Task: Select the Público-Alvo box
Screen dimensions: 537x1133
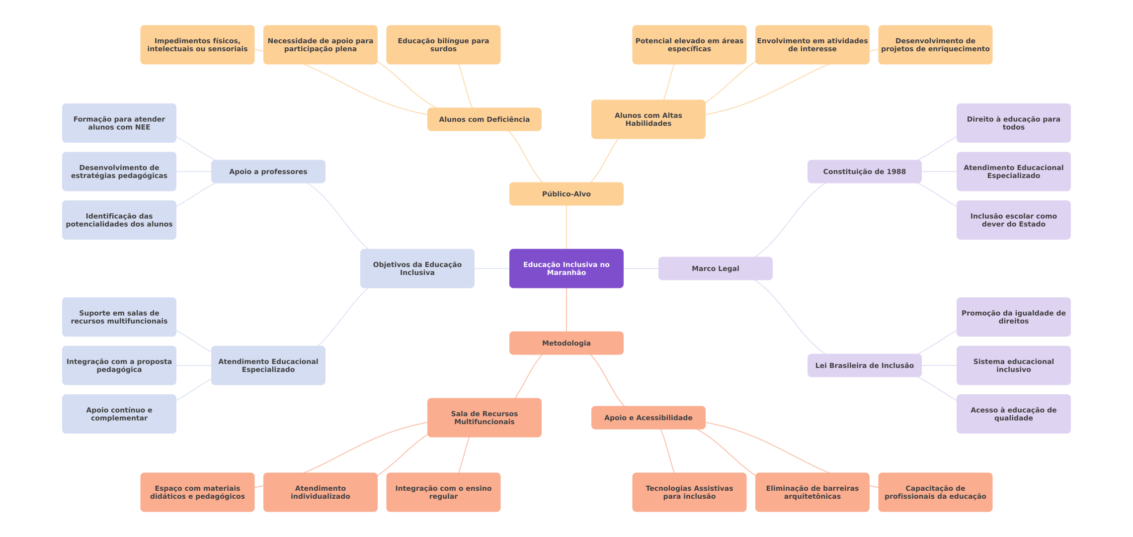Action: coord(566,194)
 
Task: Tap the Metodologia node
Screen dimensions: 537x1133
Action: coord(566,343)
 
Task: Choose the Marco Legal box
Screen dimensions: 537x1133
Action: coord(716,268)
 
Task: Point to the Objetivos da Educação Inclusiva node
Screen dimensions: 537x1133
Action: coord(417,268)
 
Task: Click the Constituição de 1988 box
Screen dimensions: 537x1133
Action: coord(865,172)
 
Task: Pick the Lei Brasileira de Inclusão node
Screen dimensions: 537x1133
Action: coord(865,365)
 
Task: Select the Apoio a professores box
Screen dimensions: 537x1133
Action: coord(268,172)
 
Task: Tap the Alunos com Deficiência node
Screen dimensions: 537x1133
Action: coord(485,119)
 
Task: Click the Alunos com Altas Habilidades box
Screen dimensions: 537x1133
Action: coord(648,119)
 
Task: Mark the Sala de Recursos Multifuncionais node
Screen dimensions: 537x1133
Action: coord(485,418)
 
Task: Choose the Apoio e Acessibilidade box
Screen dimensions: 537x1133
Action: coord(648,418)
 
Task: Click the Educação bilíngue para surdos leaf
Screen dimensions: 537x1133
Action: coord(443,45)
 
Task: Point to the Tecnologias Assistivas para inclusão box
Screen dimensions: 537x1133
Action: coord(689,492)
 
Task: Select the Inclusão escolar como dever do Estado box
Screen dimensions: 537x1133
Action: coord(1014,220)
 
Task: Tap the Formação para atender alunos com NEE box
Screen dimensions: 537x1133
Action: coord(119,123)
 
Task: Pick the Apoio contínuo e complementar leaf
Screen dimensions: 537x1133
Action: coord(119,414)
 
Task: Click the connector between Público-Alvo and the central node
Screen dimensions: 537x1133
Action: coord(566,227)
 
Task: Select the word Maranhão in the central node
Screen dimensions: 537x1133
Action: coord(566,273)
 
